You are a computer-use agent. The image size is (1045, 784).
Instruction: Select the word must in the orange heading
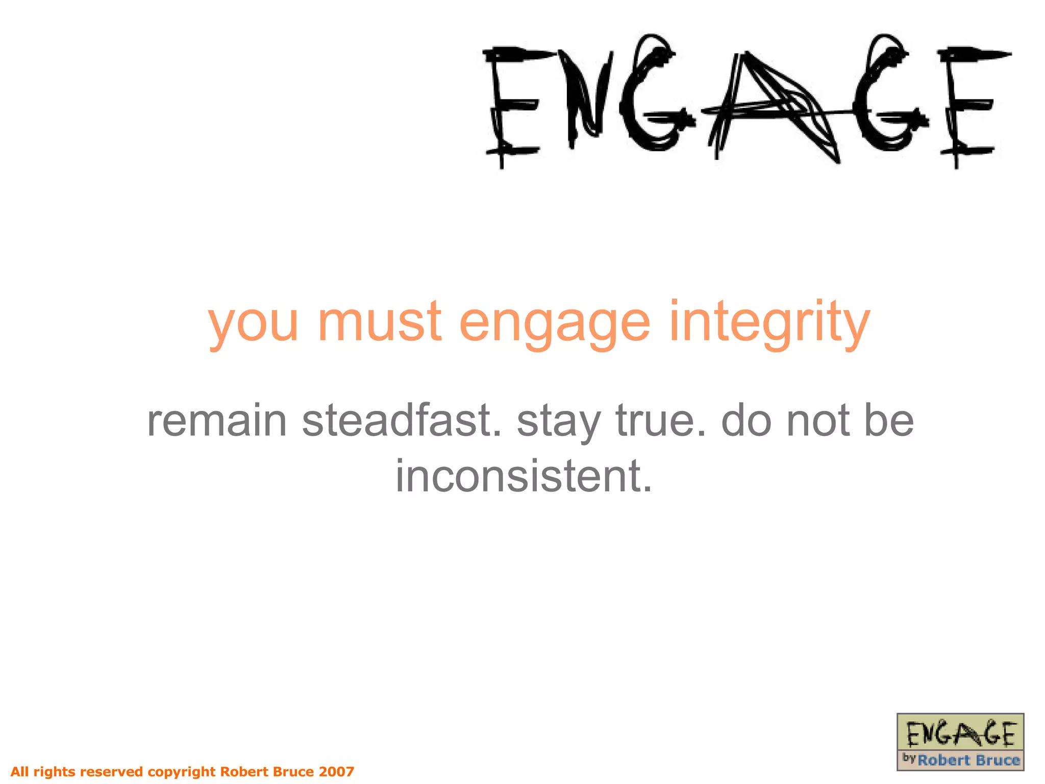click(x=380, y=322)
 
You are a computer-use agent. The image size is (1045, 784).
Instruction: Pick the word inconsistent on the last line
click(x=524, y=476)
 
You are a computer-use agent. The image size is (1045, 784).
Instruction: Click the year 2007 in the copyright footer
click(x=336, y=771)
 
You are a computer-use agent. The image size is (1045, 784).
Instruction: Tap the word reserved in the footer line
click(x=112, y=771)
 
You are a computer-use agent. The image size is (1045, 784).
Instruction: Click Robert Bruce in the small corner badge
click(x=968, y=760)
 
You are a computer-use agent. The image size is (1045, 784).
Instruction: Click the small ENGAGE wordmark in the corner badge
click(x=960, y=734)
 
